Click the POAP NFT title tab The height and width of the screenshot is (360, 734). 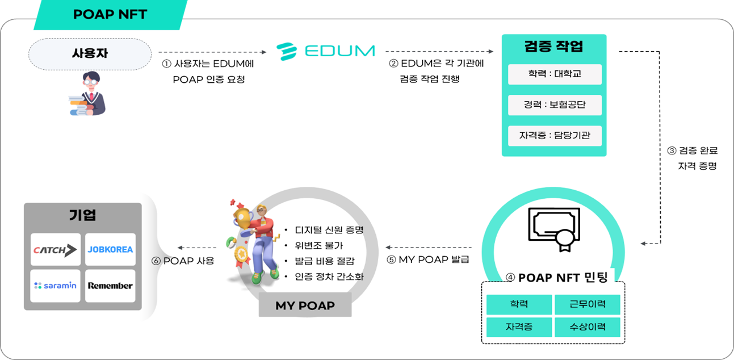(111, 15)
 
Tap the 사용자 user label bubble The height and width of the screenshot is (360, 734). (90, 54)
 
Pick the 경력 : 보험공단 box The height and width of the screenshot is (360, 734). (555, 105)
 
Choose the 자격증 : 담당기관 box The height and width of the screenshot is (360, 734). (555, 135)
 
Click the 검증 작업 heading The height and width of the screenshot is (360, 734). (554, 46)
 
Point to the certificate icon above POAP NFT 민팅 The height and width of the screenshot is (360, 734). (554, 229)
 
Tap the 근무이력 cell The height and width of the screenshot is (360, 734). (587, 304)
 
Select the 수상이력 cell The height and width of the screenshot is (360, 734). (587, 327)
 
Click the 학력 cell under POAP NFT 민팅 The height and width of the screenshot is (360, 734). (519, 304)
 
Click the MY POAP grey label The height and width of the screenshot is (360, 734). (305, 305)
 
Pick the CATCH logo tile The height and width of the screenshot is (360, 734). (56, 249)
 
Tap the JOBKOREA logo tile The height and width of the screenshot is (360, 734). (110, 249)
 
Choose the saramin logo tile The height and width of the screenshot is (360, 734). (56, 286)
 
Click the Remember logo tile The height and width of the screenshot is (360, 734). (110, 286)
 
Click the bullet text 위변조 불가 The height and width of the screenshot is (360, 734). (318, 245)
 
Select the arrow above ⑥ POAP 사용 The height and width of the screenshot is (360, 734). (196, 248)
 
